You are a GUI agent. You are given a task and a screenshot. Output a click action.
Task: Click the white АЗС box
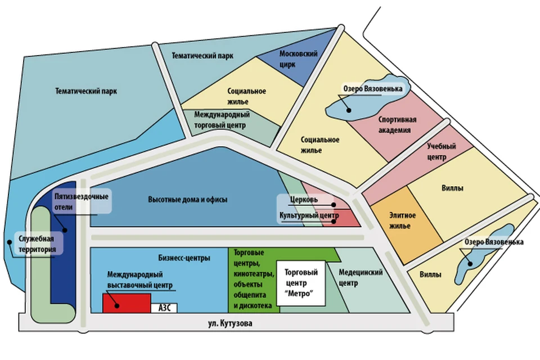(x=164, y=308)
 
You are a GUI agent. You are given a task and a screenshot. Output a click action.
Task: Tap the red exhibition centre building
(x=127, y=303)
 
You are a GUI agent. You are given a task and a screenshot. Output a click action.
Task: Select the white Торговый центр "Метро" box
(x=300, y=283)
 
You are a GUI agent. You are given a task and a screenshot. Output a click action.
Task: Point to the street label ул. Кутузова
(x=230, y=323)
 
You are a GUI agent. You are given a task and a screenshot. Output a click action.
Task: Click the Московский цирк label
(x=298, y=59)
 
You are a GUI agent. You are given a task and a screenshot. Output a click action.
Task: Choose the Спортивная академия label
(x=397, y=125)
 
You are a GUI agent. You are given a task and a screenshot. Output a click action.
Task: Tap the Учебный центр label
(x=441, y=151)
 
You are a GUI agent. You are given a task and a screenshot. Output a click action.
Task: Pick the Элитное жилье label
(x=402, y=220)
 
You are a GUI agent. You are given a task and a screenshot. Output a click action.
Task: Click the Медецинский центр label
(x=360, y=278)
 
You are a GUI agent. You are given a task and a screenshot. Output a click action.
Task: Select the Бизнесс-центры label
(x=184, y=258)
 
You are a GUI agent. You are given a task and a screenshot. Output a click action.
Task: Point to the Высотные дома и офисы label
(x=188, y=200)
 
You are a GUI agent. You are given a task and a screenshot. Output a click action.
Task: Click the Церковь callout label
(x=304, y=200)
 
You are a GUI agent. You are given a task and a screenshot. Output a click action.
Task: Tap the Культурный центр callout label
(x=309, y=215)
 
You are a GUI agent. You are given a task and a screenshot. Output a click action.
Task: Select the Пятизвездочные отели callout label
(x=81, y=201)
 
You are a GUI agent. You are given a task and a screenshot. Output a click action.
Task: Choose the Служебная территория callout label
(x=37, y=244)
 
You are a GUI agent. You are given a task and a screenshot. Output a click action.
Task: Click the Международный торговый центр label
(x=222, y=120)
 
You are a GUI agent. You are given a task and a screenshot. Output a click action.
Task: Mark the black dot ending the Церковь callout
(x=334, y=205)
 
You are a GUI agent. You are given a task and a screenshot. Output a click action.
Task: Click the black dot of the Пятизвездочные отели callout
(x=64, y=229)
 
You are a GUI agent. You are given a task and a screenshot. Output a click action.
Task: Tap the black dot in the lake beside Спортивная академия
(x=349, y=110)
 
